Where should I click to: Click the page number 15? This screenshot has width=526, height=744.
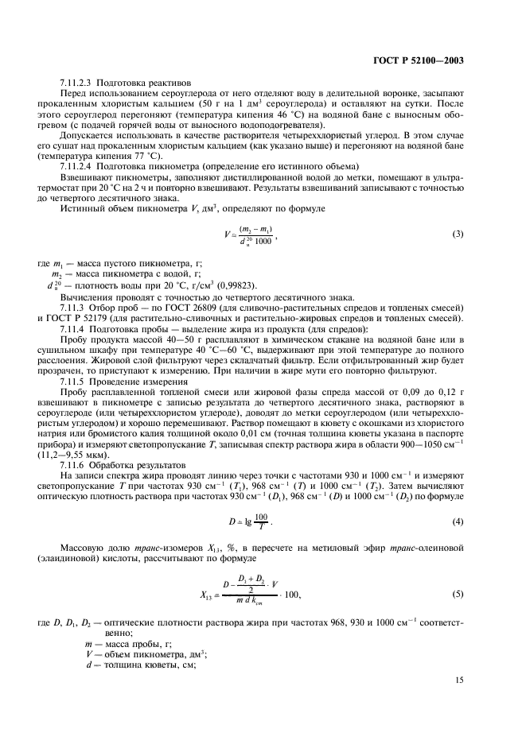460,678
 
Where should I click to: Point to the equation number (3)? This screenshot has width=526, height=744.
458,234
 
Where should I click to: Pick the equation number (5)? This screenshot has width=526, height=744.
458,593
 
